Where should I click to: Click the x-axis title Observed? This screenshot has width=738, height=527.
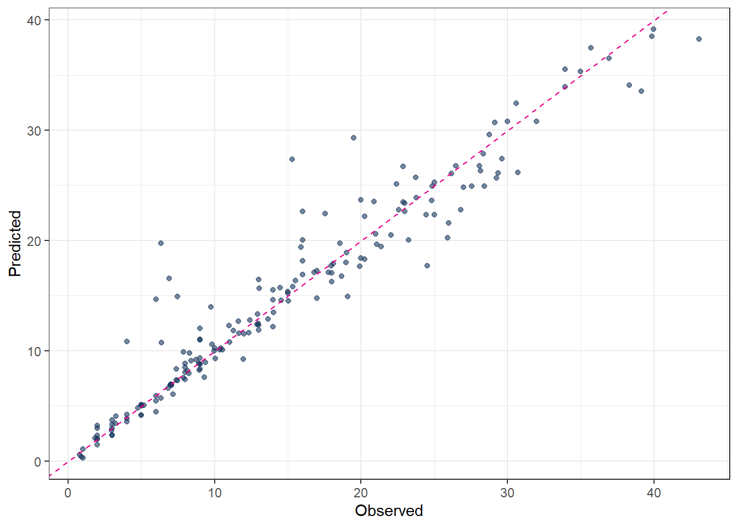[x=389, y=511]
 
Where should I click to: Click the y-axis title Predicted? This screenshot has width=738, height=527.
[x=15, y=243]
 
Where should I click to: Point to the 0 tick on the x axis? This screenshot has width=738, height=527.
[x=68, y=493]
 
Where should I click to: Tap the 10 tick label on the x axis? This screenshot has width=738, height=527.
[x=214, y=493]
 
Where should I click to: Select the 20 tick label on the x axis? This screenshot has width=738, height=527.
[x=361, y=493]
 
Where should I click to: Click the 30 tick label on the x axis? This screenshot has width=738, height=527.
[x=507, y=493]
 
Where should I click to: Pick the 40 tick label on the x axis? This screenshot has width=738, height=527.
[x=653, y=493]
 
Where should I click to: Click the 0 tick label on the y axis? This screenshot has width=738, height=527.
[x=37, y=462]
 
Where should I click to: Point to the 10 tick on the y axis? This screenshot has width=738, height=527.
[x=34, y=351]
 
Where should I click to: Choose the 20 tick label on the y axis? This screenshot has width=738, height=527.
[x=34, y=241]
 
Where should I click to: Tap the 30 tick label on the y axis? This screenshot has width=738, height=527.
[x=34, y=131]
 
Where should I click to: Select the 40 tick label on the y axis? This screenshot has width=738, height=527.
[x=34, y=20]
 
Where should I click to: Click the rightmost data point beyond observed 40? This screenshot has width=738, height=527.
[x=699, y=39]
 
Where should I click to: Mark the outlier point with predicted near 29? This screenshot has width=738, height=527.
[x=354, y=138]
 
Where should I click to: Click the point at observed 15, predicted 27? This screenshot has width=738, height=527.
[x=292, y=159]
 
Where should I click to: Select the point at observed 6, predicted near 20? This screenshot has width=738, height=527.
[x=161, y=243]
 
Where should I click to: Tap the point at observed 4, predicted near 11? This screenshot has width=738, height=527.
[x=127, y=341]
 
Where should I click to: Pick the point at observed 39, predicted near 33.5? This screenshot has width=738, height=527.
[x=641, y=91]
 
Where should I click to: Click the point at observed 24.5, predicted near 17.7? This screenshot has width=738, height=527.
[x=427, y=266]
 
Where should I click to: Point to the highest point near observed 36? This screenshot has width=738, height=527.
[x=591, y=48]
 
